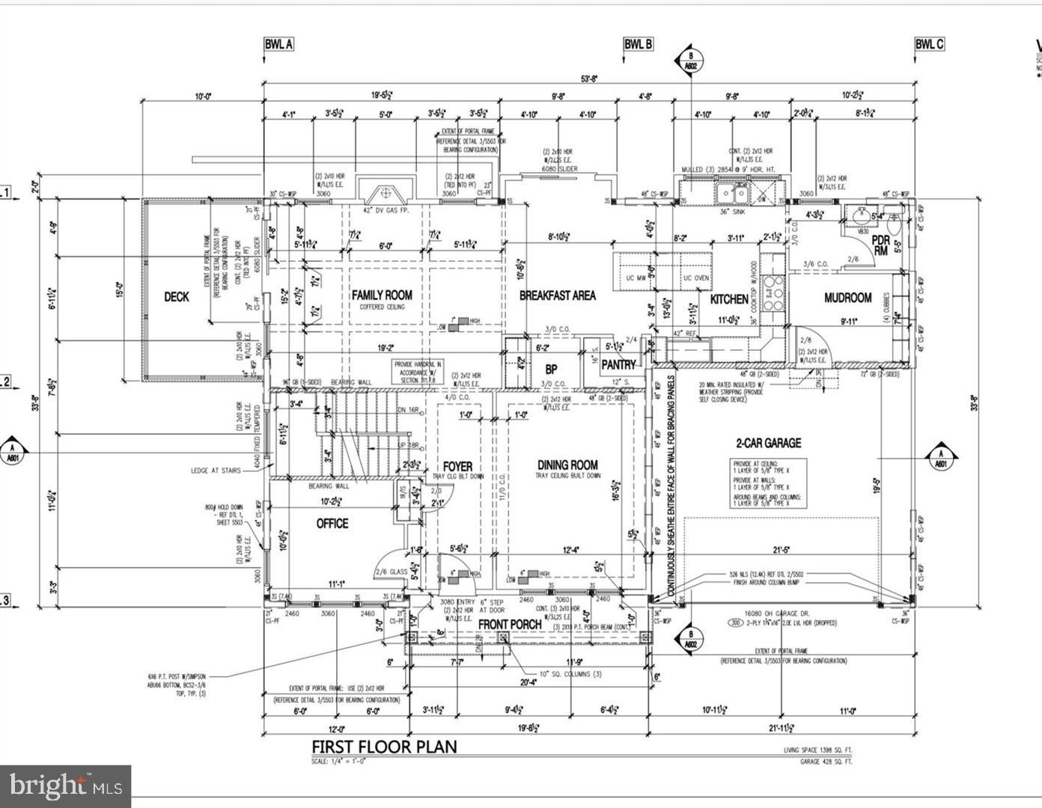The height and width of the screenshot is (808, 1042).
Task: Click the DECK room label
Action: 177,297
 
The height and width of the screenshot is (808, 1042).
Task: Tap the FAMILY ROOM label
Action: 382,296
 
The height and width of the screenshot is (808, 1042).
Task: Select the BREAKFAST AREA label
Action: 558,296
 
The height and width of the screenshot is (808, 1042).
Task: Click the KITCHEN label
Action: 728,299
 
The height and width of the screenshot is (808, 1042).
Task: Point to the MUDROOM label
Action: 847,298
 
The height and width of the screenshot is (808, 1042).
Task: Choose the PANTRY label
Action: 618,365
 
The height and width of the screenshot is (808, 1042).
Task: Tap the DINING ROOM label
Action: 567,465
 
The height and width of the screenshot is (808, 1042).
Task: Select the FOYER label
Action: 457,467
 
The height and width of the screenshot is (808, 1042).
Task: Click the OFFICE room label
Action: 332,523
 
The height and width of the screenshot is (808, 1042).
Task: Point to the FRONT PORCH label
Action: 510,625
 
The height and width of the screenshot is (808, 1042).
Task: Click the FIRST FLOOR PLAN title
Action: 384,747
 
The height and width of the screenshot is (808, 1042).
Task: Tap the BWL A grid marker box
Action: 278,44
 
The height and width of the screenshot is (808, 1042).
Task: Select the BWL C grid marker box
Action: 929,44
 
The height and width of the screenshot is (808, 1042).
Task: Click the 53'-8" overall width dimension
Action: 590,78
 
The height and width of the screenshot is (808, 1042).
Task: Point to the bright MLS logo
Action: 66,786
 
